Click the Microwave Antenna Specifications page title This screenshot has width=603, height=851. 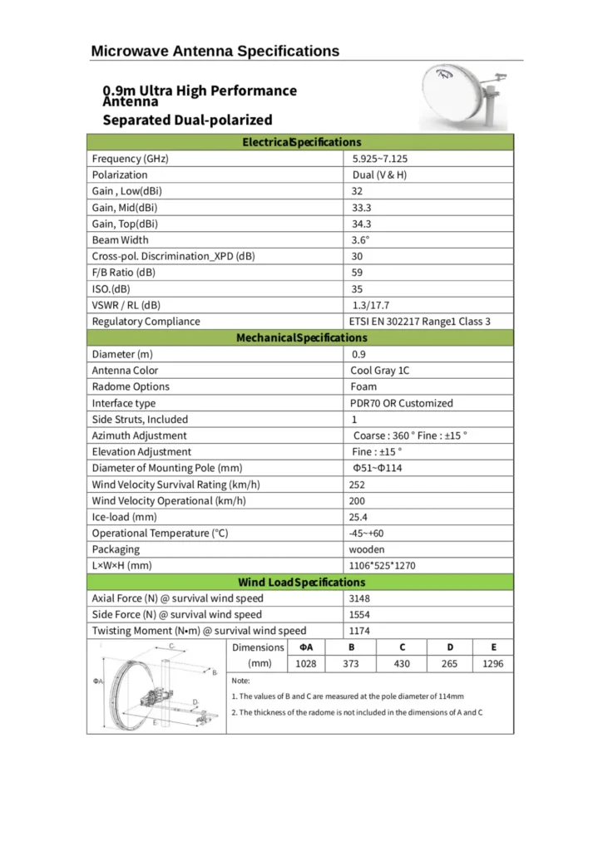[x=215, y=51]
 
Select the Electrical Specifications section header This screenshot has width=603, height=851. [x=301, y=142]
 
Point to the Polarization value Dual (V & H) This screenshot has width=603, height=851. [x=379, y=175]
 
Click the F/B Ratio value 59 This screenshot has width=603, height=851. [x=358, y=273]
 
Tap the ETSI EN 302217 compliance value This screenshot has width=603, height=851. [x=420, y=322]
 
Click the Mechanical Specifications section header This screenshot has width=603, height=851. [x=301, y=337]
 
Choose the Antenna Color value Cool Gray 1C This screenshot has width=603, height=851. [x=379, y=371]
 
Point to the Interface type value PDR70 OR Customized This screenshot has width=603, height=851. [x=402, y=403]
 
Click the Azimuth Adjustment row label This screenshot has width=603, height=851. [x=139, y=435]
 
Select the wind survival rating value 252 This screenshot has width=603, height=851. [x=357, y=485]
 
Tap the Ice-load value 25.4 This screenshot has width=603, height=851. [x=358, y=517]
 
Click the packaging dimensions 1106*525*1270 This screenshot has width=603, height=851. [x=383, y=566]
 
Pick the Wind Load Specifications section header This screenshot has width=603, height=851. [x=301, y=583]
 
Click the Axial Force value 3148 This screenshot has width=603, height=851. [x=359, y=598]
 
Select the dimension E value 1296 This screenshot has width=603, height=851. [x=492, y=664]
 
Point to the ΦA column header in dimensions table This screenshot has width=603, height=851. [x=306, y=647]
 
